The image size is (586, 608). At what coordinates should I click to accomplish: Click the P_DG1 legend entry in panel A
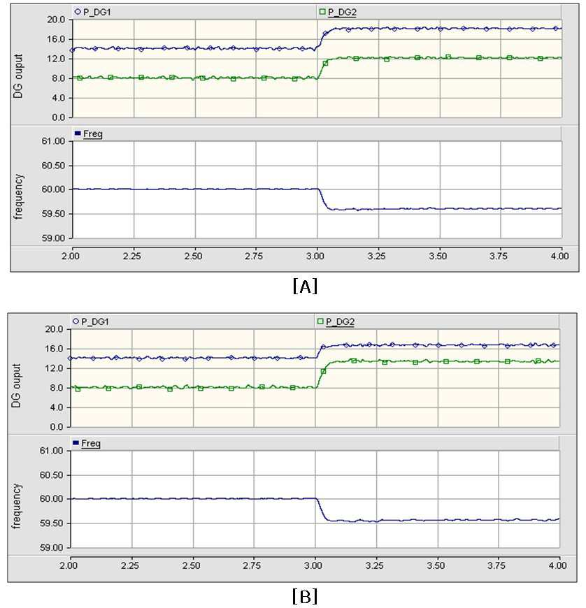(x=93, y=12)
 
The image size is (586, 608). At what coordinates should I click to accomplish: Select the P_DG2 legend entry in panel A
(x=338, y=12)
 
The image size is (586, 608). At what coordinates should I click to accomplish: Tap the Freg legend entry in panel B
(x=87, y=443)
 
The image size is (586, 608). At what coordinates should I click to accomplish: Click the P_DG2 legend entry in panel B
(x=336, y=321)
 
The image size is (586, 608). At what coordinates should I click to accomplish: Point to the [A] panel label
(x=305, y=286)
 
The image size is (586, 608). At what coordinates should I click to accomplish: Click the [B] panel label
(x=305, y=596)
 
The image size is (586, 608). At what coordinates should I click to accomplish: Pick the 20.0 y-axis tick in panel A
(x=56, y=20)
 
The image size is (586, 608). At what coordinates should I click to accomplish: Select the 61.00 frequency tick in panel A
(x=53, y=141)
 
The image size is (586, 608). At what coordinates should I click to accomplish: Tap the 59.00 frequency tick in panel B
(x=51, y=547)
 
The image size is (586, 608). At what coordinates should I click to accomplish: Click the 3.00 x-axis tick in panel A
(x=315, y=256)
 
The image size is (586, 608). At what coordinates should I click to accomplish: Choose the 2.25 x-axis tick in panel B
(x=130, y=565)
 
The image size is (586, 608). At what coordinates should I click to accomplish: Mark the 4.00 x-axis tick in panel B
(x=557, y=565)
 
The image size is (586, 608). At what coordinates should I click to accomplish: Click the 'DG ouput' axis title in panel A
(x=19, y=76)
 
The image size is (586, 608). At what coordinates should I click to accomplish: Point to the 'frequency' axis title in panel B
(x=17, y=506)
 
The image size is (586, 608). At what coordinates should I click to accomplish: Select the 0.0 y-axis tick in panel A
(x=58, y=117)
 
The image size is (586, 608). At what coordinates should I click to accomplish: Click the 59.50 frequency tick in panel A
(x=53, y=214)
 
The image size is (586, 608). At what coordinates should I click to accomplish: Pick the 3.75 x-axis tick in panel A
(x=499, y=256)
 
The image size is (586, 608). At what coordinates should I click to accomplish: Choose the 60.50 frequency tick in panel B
(x=51, y=475)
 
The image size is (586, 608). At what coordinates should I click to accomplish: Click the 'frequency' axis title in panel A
(x=19, y=196)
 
